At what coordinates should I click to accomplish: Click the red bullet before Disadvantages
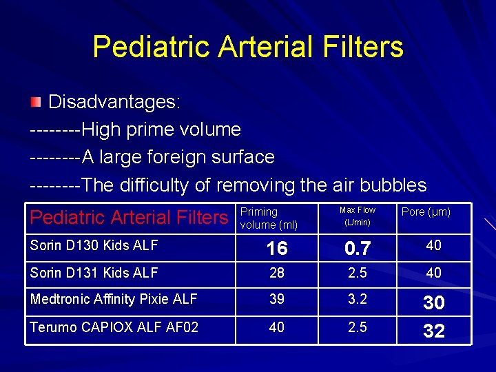36,103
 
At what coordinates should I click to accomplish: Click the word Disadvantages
114,103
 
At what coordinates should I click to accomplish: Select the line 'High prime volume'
161,130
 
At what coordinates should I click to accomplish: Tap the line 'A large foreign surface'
178,157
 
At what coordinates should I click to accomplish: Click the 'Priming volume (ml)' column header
269,218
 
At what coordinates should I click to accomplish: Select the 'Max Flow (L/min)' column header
358,216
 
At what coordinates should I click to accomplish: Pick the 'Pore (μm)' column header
426,212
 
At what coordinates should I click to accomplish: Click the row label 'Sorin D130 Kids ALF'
94,245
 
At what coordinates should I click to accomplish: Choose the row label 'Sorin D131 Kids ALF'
94,273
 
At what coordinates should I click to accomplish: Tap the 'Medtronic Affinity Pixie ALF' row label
114,299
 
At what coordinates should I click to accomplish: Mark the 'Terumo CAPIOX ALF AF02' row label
114,327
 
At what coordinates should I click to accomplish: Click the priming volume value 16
277,248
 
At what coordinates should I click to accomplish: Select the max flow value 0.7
358,248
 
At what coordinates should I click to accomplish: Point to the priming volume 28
277,273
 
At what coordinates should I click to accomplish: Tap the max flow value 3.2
358,300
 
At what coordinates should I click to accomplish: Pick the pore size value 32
434,331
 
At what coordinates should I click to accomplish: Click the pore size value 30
434,302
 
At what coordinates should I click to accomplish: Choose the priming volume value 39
277,300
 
